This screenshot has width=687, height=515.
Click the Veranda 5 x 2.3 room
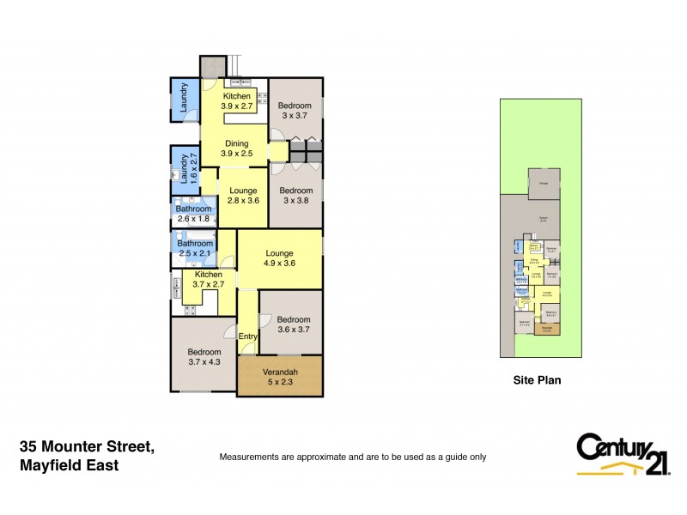point(280,377)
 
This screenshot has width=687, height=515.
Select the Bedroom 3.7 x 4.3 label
point(204,358)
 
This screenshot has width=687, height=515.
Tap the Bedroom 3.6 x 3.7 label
point(292,322)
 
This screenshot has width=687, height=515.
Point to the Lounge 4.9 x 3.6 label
point(279,258)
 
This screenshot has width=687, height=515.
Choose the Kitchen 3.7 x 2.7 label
point(208,278)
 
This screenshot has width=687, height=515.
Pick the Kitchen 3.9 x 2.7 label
point(236,102)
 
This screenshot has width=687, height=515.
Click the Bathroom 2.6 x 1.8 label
point(193,214)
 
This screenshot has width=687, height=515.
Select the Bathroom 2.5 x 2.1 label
point(194,249)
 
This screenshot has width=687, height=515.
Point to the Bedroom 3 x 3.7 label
point(295,109)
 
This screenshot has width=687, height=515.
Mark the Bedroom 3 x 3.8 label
point(295,196)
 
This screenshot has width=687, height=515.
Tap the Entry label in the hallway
point(247,336)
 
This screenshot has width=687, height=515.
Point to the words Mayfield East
point(69,465)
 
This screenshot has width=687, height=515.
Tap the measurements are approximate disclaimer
point(353,457)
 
